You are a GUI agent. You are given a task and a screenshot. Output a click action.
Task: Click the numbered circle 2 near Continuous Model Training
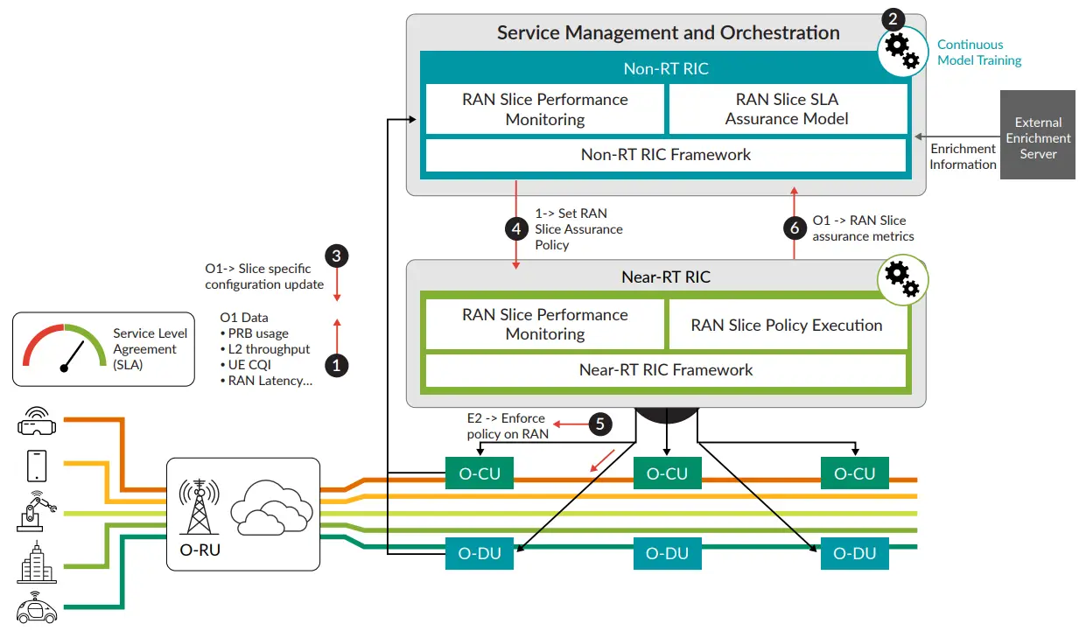coord(893,18)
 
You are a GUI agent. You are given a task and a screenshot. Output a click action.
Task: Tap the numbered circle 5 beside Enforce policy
coord(599,424)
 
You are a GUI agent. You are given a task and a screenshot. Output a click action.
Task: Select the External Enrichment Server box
coord(1038,138)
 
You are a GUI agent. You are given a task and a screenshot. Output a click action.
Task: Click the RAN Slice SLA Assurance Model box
coord(787,109)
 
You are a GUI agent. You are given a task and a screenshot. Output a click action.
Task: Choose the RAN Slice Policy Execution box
coord(787,325)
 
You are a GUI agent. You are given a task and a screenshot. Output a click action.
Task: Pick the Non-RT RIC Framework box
coord(665,155)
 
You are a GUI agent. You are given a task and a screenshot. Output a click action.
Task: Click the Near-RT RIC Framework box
coord(665,369)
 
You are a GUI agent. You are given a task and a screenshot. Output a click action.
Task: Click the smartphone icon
coord(37,466)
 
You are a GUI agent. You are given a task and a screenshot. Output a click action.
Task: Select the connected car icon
coord(37,607)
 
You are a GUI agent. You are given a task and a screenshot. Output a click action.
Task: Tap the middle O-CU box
coord(667,473)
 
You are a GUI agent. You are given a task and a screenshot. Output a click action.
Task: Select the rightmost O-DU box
coord(854,553)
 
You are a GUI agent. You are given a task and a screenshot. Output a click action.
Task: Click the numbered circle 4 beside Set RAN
coord(517,229)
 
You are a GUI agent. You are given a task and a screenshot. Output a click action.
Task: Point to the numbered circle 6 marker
coord(795,228)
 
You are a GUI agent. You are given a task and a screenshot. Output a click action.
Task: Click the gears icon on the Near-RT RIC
coord(902,279)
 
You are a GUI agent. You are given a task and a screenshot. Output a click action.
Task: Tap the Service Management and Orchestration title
coord(668,33)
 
